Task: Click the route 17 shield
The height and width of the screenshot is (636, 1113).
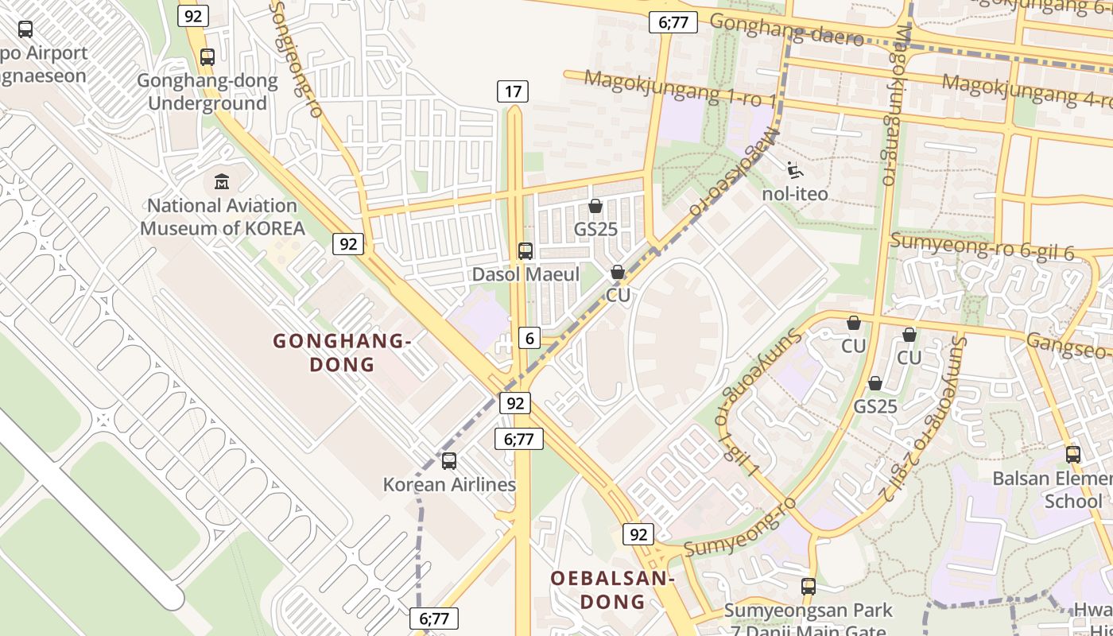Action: tap(513, 91)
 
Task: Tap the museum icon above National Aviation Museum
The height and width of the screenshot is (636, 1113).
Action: tap(222, 182)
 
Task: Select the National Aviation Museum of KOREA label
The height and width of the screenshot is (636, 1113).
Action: tap(223, 217)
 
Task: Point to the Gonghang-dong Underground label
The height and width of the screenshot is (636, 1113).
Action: tap(207, 91)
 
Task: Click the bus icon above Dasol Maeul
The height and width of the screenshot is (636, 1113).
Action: tap(525, 251)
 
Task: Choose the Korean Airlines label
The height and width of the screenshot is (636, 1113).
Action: tap(449, 484)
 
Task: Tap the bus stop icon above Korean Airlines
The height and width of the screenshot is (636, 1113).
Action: tap(449, 460)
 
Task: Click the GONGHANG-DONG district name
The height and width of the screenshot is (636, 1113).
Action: tap(341, 352)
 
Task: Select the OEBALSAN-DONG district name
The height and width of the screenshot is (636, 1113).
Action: tap(612, 590)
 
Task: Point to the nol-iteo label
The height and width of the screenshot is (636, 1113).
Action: tap(795, 194)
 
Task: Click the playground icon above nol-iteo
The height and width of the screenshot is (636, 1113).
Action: tap(793, 170)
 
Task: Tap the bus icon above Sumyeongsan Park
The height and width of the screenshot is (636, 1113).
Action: tap(809, 587)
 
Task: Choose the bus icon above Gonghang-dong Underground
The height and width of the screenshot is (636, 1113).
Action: tap(207, 57)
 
